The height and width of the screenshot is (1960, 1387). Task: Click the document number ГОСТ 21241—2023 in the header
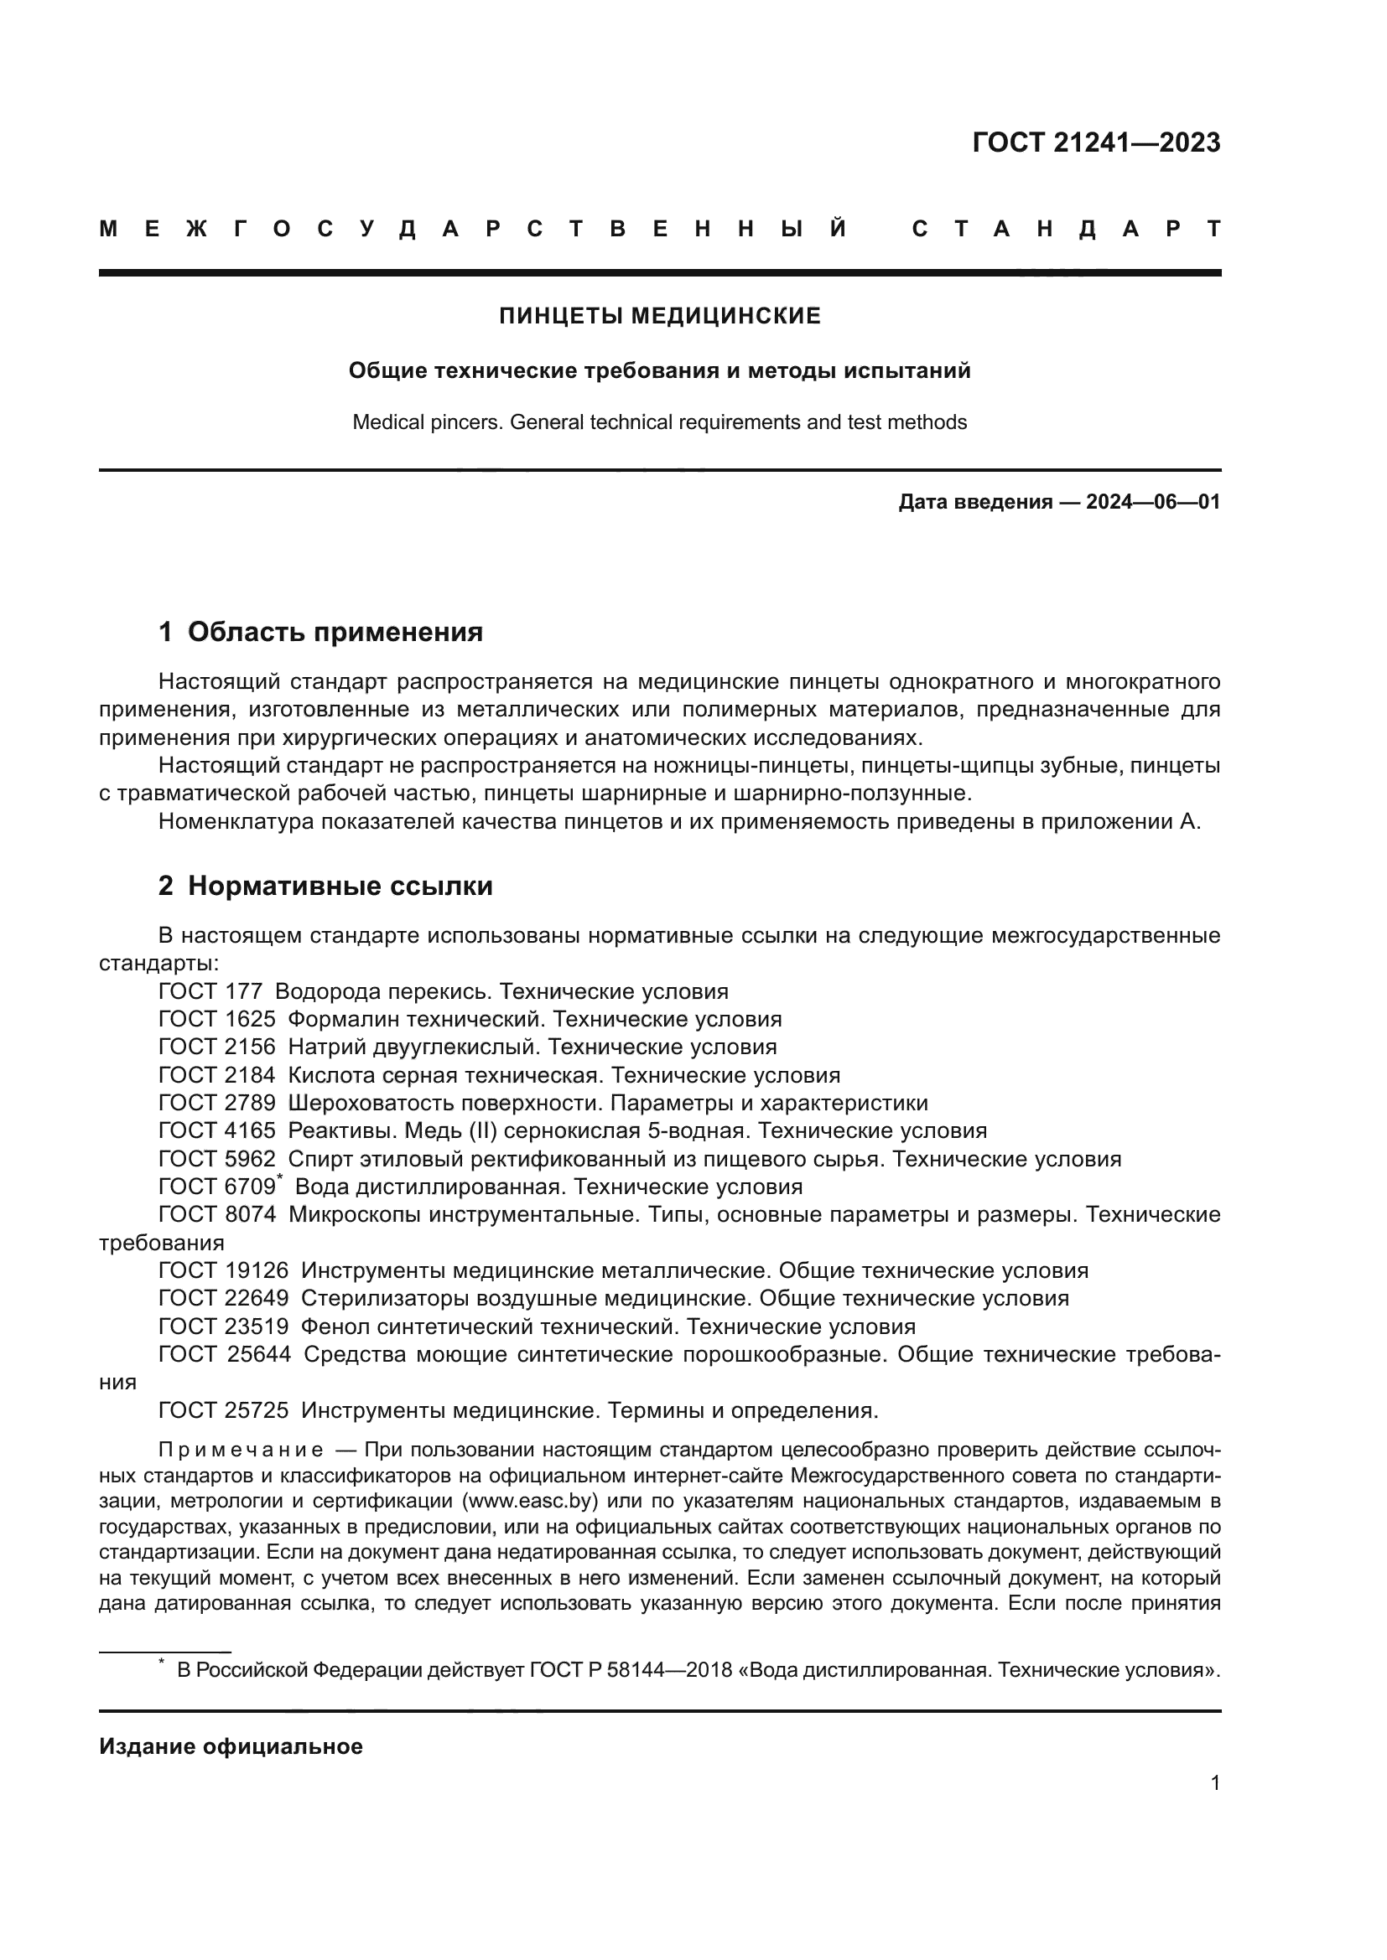click(1096, 142)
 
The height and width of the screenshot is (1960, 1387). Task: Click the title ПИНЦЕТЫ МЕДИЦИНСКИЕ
click(659, 316)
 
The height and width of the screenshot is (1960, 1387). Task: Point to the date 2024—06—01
click(1152, 502)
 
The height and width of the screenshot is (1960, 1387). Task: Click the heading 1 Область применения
click(320, 633)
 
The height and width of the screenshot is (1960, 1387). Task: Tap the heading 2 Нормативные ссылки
click(325, 886)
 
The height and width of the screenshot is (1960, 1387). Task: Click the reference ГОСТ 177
click(210, 992)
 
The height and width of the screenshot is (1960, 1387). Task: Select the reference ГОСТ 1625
click(217, 1019)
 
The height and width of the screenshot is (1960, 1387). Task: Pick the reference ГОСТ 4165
click(217, 1131)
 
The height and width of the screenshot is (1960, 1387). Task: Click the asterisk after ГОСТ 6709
click(279, 1179)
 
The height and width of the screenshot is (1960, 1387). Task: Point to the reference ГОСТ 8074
click(217, 1215)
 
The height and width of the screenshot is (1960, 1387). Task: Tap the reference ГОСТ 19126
click(223, 1271)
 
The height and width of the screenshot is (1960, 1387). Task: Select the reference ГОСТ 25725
click(223, 1410)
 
